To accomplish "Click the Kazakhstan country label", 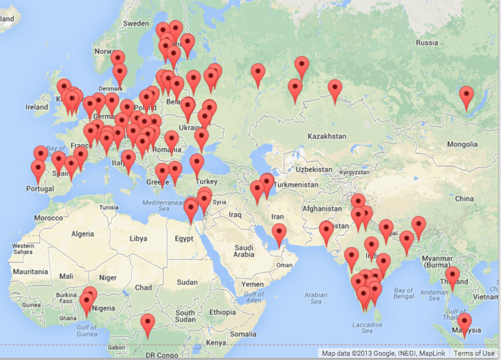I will click(327, 136).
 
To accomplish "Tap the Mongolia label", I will click(462, 144).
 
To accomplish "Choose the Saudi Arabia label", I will click(244, 251).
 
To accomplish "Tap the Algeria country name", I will click(82, 234).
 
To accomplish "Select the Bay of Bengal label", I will click(404, 294).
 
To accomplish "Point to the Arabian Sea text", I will click(316, 298).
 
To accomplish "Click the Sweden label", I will click(136, 24).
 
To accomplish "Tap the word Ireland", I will click(37, 107).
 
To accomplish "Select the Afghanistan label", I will click(322, 209).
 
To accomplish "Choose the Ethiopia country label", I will click(222, 312).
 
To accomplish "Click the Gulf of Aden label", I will click(254, 297).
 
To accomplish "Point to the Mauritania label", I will click(30, 272).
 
